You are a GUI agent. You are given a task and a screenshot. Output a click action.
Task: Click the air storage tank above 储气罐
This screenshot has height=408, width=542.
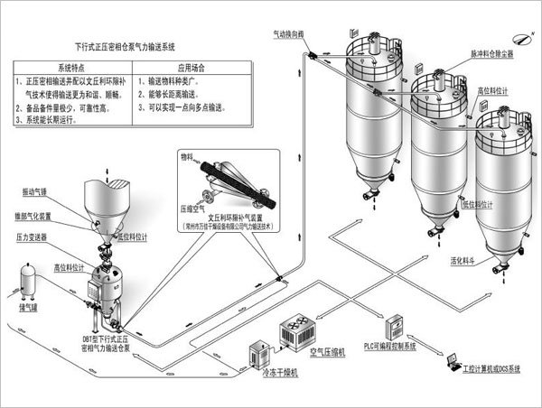pyautogui.click(x=29, y=281)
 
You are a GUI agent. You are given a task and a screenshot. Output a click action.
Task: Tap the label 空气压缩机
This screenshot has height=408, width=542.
pyautogui.click(x=327, y=351)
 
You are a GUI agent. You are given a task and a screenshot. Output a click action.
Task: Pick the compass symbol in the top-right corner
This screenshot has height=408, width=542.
pyautogui.click(x=515, y=38)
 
